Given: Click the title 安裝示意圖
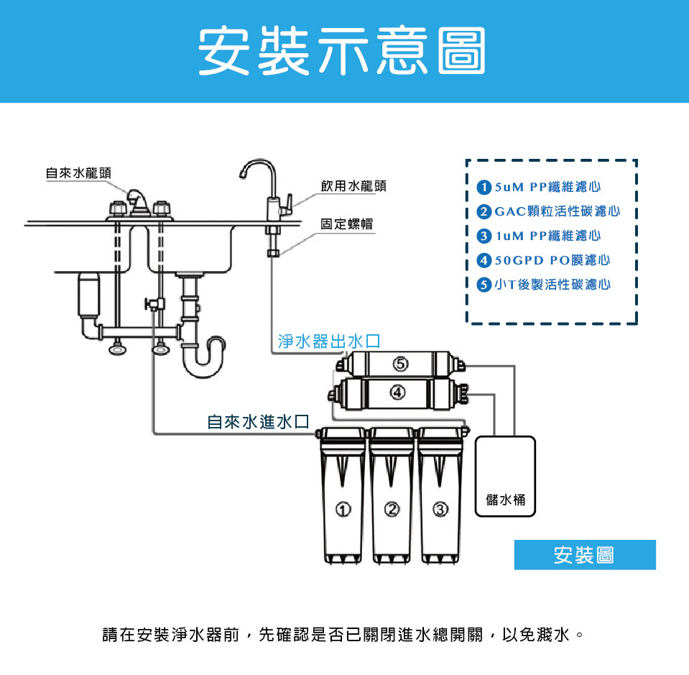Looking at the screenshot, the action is click(x=342, y=52).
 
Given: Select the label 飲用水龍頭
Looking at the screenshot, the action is click(x=353, y=186).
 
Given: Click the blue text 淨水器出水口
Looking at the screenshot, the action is click(x=328, y=341).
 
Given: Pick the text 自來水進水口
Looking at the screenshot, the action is click(x=258, y=422).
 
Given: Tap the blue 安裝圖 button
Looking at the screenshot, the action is click(x=585, y=555).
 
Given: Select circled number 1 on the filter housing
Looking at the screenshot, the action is click(x=344, y=510).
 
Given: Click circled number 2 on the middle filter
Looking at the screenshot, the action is click(x=392, y=510).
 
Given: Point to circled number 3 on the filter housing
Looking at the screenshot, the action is click(x=440, y=510).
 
